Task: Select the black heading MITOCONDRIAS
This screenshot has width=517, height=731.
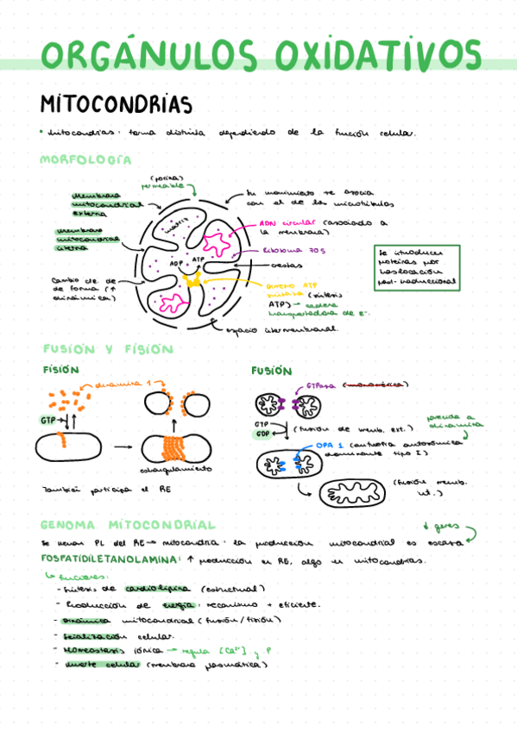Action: coord(116,104)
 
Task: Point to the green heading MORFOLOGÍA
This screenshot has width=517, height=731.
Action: coord(85,160)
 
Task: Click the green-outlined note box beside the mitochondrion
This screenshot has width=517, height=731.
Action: coord(418,267)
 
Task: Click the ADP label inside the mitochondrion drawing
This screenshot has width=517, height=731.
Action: coord(176,263)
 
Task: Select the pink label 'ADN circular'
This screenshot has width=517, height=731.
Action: coord(288,222)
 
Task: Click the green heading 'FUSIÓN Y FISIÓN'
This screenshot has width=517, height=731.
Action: coord(108,349)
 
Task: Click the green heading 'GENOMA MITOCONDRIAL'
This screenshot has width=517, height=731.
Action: coord(128,525)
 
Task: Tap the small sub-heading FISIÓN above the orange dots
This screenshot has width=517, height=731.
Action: coord(60,370)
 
